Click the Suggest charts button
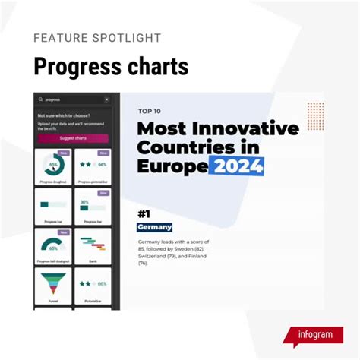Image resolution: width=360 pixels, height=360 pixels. click(x=72, y=138)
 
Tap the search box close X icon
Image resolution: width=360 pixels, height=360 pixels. click(x=106, y=99)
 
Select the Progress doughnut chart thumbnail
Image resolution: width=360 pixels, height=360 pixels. click(x=53, y=165)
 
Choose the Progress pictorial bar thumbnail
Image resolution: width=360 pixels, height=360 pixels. click(x=93, y=165)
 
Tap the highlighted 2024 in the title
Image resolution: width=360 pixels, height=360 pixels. click(x=238, y=166)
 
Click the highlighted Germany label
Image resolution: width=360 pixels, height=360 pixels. click(x=155, y=227)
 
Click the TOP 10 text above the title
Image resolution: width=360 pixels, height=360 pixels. click(x=150, y=112)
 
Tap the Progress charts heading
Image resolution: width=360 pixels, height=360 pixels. click(x=111, y=66)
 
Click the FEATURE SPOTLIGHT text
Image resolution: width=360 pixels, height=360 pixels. click(x=96, y=38)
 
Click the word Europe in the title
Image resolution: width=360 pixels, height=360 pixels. click(x=172, y=166)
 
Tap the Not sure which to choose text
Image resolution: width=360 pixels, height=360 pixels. click(x=61, y=115)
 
